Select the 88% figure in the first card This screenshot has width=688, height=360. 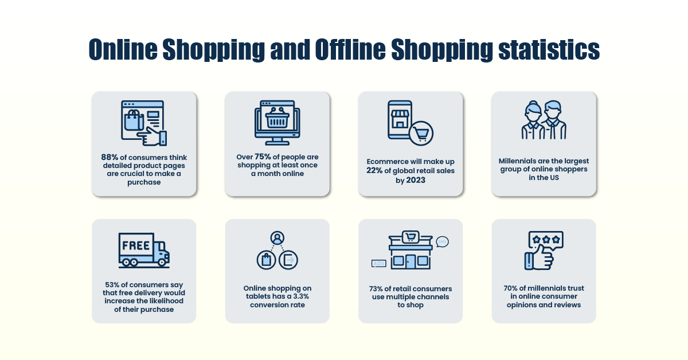tap(110, 158)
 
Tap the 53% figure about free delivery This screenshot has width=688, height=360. tap(114, 285)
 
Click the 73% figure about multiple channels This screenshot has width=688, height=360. tap(378, 288)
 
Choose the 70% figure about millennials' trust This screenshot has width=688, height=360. tap(511, 288)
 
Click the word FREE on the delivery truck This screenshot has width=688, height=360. tap(135, 245)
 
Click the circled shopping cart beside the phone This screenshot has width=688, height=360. tap(421, 134)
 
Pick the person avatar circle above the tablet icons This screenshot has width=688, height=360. tap(277, 237)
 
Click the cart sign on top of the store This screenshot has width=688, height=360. tap(410, 236)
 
